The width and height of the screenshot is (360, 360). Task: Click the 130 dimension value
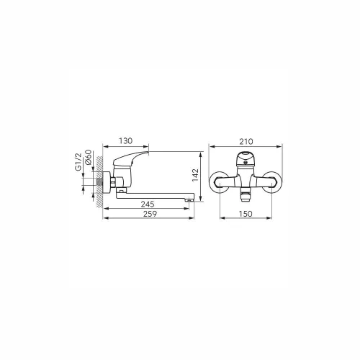[125, 141]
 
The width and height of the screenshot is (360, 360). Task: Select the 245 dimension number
[148, 204]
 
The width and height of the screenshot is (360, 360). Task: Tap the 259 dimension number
[150, 214]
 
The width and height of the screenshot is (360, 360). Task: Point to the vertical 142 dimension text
[196, 175]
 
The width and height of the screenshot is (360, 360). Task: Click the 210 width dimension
[246, 142]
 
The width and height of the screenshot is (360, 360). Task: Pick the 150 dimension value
[246, 214]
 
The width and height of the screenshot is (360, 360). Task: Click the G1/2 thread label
[78, 162]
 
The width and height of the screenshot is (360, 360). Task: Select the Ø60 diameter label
[88, 157]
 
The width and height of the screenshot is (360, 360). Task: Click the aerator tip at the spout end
[190, 199]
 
